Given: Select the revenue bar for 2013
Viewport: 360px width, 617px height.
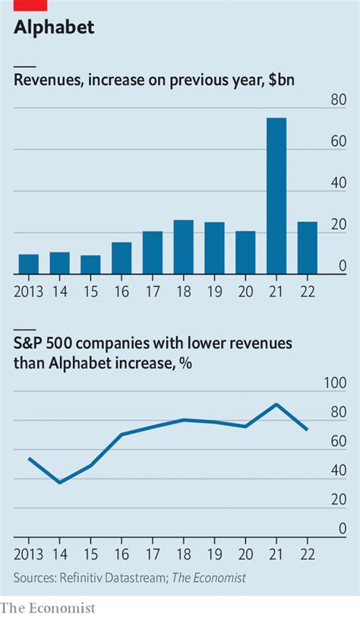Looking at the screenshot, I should (28, 264).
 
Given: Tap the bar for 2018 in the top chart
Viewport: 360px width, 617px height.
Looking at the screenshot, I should (183, 247).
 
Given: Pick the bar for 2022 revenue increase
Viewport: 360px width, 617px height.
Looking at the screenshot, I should (307, 248).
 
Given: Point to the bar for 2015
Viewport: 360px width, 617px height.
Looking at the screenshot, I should (90, 264).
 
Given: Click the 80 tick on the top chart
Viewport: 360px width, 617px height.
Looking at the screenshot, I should (338, 100).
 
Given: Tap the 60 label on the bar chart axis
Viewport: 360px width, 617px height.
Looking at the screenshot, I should (338, 141).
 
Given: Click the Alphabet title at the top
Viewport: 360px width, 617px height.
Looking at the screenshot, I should (54, 28).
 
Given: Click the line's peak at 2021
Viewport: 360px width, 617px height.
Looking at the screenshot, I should (276, 404).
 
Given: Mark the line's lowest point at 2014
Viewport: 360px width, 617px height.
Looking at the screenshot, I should (59, 483).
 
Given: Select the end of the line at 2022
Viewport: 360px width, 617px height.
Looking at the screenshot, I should (307, 430).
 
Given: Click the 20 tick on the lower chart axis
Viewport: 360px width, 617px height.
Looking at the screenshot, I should (338, 499).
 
